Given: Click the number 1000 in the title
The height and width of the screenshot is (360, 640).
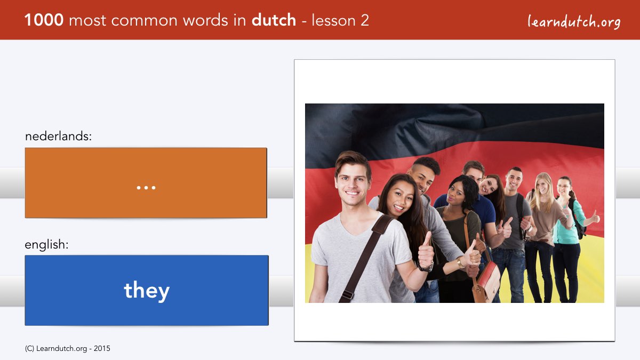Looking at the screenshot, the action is (x=44, y=20).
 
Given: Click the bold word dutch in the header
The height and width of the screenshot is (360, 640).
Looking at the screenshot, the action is (x=274, y=20).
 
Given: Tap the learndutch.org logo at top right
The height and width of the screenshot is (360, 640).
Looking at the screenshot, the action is (x=574, y=21).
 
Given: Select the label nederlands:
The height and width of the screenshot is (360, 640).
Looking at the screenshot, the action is (x=58, y=136).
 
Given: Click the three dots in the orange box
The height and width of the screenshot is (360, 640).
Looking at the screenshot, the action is (x=146, y=188).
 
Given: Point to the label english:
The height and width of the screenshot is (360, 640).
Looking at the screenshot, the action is (x=46, y=245).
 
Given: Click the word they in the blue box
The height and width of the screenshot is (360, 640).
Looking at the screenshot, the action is (x=147, y=290).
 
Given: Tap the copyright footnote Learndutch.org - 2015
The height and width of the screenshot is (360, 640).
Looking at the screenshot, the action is (x=67, y=348).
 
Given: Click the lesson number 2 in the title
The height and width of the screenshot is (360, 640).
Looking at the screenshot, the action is (x=364, y=20).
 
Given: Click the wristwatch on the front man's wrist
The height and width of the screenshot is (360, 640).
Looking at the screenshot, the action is (x=426, y=267).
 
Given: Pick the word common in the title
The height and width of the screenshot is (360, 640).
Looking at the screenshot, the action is (x=145, y=21).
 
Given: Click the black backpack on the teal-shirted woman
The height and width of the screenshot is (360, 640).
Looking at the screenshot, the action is (x=577, y=219).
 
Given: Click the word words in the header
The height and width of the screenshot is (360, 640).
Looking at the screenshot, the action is (x=206, y=20).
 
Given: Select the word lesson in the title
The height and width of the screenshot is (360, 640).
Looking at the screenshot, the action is (x=333, y=20).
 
